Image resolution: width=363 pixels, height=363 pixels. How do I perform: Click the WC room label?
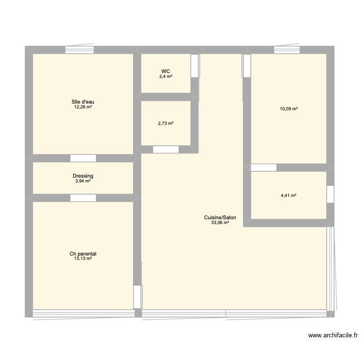pos(166,71)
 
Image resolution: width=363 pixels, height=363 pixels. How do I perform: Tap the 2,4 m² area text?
pos(166,76)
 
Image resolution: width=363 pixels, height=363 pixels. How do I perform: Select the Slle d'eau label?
pos(83,102)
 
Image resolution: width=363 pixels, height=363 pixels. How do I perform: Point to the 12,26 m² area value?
pos(83,107)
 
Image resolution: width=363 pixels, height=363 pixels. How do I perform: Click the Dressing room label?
pos(83,176)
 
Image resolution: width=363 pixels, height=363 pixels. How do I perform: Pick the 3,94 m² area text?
pos(83,181)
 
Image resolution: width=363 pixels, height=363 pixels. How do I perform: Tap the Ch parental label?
pos(83,254)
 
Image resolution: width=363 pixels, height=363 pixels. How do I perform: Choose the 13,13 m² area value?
pos(83,259)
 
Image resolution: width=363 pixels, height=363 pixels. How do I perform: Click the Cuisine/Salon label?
pos(220,218)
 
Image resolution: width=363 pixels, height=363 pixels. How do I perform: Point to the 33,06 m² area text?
pos(220,223)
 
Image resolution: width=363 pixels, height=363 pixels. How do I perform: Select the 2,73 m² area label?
pos(166,123)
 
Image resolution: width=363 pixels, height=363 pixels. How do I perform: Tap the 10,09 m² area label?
pos(289,109)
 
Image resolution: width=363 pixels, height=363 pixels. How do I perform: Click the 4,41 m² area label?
pos(289,196)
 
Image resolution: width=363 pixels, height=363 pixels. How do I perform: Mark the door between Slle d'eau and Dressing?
pos(83,158)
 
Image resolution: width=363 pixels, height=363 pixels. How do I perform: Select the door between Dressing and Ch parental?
pos(83,197)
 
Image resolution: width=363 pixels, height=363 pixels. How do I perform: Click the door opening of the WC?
pos(195,65)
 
